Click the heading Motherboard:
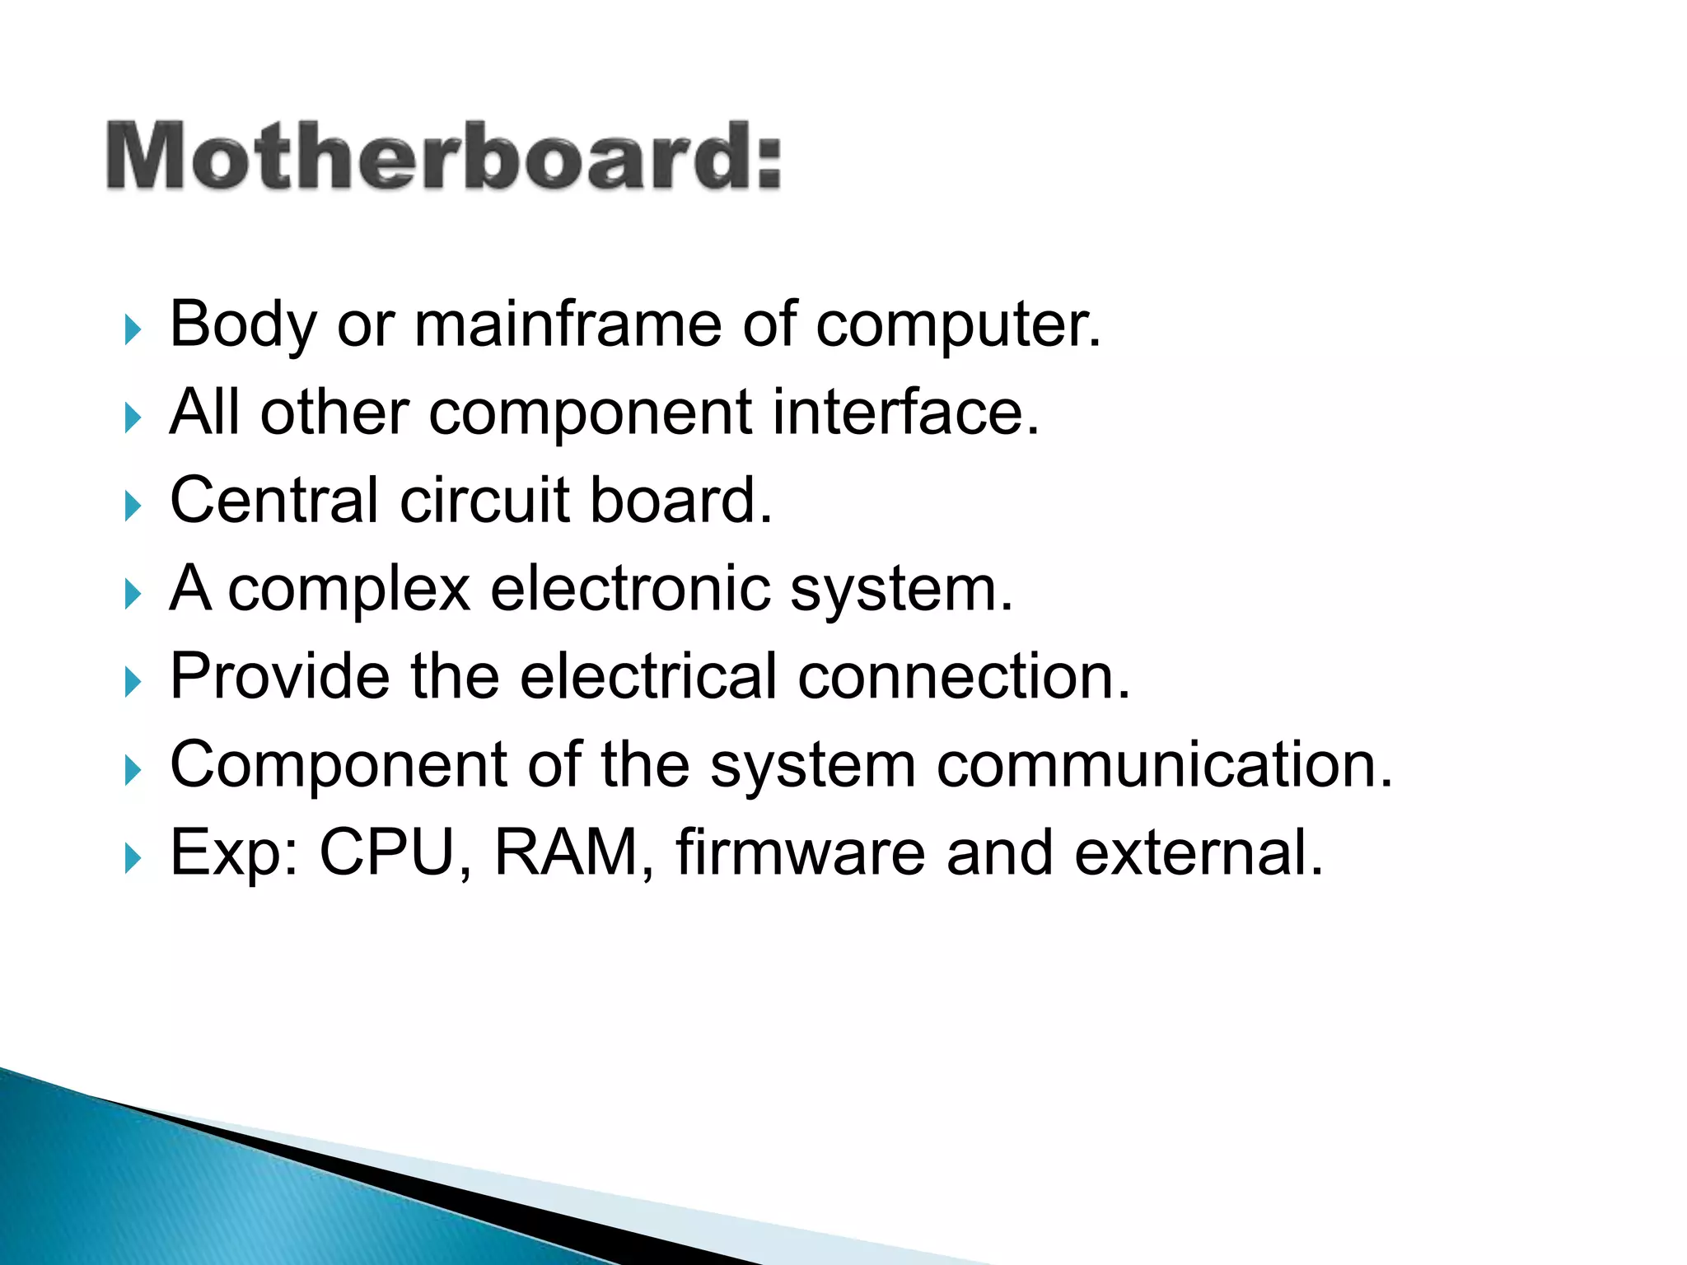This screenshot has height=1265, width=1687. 443,156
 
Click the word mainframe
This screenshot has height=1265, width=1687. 568,324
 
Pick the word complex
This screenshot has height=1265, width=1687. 348,590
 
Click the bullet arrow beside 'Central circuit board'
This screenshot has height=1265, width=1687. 133,505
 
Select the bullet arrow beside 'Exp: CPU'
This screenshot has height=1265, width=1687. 133,858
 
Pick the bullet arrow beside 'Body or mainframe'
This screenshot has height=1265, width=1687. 133,329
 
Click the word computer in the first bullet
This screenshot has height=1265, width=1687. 958,326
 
